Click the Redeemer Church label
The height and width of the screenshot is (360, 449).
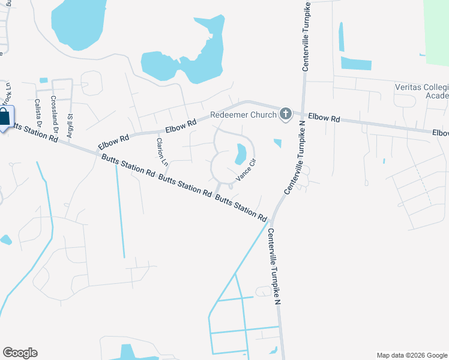[x=243, y=115]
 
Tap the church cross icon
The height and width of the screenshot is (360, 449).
[x=286, y=114]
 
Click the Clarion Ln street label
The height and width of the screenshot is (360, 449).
[x=161, y=152]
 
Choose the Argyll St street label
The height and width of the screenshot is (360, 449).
[x=70, y=127]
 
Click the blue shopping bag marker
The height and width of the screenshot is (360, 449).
[x=5, y=118]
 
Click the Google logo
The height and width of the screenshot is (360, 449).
[x=20, y=353]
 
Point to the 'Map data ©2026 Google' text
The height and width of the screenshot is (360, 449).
[x=411, y=355]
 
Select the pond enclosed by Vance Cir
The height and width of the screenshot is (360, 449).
[x=241, y=154]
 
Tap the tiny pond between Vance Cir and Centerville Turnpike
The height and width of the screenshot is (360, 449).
[x=277, y=143]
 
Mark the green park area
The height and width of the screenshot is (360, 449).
[x=436, y=30]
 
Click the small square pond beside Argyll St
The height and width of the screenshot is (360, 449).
[x=43, y=80]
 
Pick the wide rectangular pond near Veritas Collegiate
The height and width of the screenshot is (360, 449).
[x=356, y=63]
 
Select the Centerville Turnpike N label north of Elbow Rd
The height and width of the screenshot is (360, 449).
[x=306, y=36]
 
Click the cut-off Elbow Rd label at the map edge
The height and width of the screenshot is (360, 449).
[x=440, y=133]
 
